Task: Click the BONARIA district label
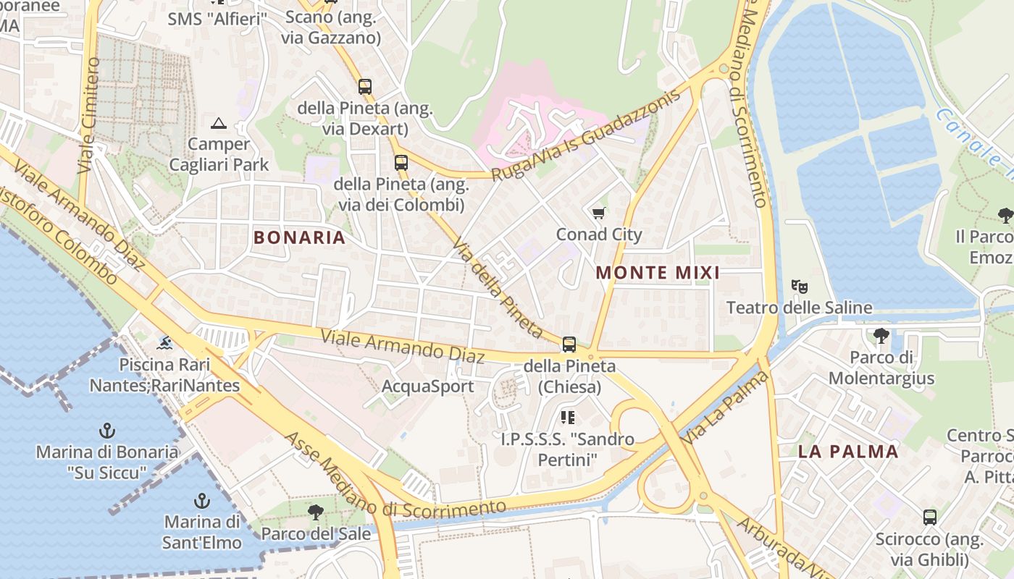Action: click(299, 237)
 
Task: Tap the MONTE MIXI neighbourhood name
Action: click(658, 273)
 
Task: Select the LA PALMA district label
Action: click(848, 452)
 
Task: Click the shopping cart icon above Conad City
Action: click(598, 214)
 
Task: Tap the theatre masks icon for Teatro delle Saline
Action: click(799, 287)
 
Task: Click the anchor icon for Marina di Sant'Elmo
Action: click(201, 501)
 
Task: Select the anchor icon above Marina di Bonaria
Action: click(106, 431)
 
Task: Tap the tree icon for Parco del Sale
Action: click(315, 513)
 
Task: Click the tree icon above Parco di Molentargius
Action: click(881, 336)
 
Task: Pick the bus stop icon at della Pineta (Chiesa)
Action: click(569, 345)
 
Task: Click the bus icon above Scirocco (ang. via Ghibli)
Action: click(929, 517)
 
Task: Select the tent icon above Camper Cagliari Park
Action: click(219, 123)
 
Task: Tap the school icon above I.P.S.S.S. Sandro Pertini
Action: click(568, 418)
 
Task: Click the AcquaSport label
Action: click(427, 386)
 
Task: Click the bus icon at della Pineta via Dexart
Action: click(365, 87)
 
